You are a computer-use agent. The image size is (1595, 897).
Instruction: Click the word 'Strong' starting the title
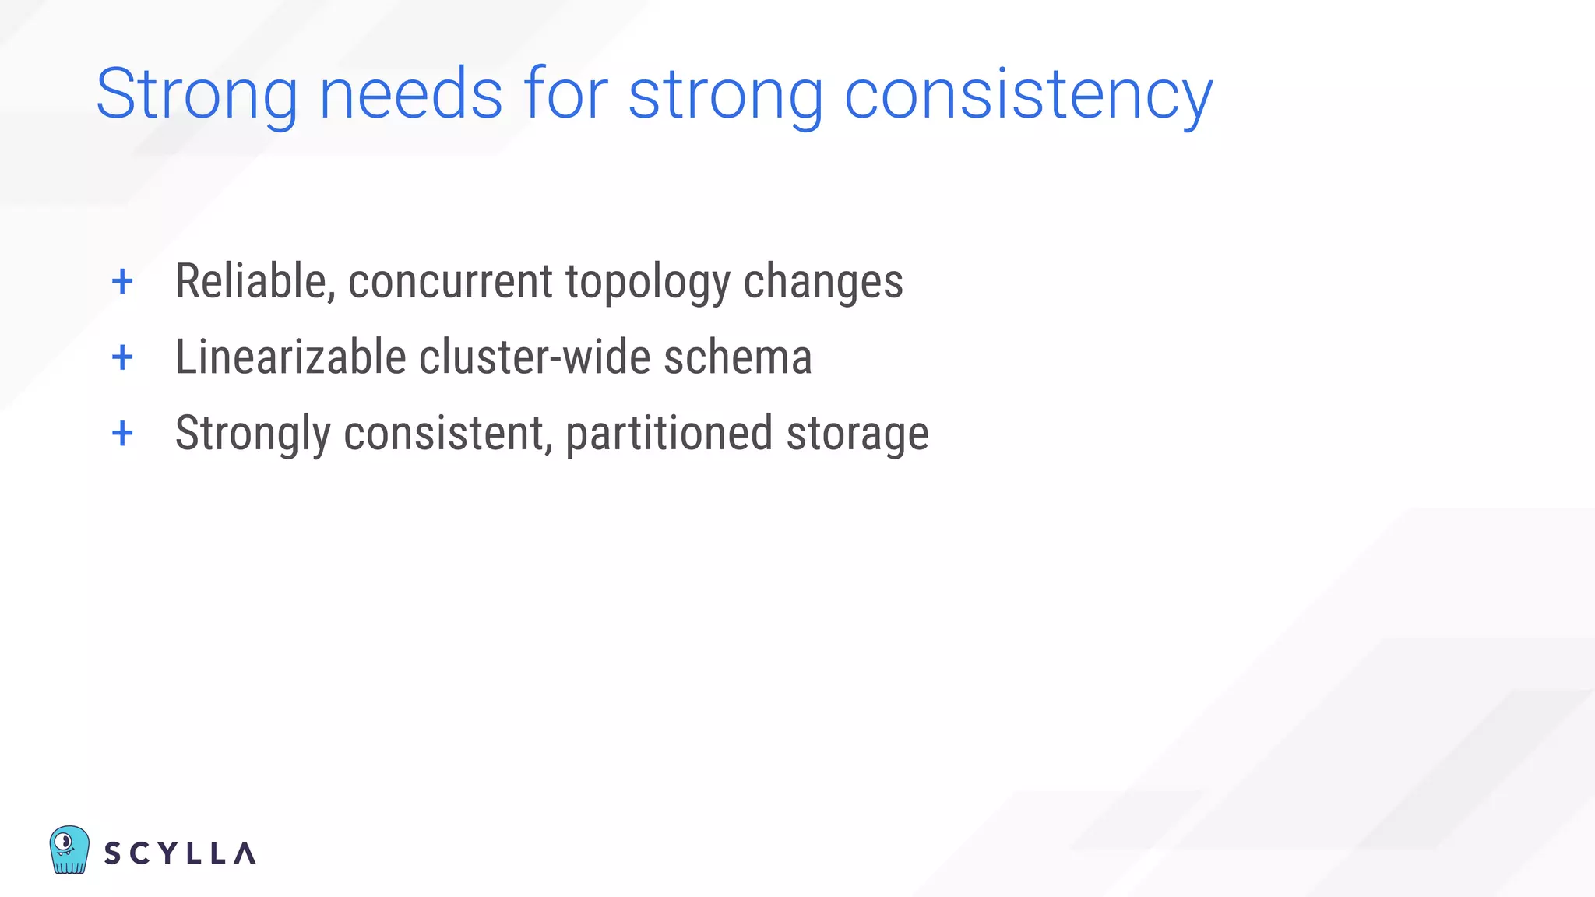tap(196, 95)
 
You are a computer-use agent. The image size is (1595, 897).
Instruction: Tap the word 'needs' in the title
tap(410, 95)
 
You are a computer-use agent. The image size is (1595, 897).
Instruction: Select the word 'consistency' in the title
tap(1028, 95)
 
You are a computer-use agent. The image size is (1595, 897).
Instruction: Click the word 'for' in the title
tap(565, 95)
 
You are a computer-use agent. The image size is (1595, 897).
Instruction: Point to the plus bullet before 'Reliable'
tap(122, 281)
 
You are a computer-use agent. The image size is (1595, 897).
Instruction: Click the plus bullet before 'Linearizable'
tap(122, 357)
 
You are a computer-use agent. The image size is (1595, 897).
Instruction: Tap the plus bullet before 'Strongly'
tap(122, 433)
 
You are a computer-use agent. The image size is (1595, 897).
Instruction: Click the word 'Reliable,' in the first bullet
tap(255, 281)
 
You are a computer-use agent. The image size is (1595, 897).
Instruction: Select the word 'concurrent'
tap(450, 281)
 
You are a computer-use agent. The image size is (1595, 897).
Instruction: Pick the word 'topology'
tap(648, 281)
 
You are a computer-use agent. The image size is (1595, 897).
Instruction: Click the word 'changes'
tap(823, 281)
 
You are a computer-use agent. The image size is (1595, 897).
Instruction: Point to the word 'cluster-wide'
tap(535, 357)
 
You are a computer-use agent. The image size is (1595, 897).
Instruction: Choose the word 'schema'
tap(738, 357)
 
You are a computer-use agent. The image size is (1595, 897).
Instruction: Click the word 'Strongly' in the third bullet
tap(253, 434)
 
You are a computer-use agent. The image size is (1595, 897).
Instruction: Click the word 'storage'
tap(857, 434)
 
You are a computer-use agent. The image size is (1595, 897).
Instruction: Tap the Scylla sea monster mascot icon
tap(69, 850)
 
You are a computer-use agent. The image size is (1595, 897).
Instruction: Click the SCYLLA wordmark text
tap(180, 853)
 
